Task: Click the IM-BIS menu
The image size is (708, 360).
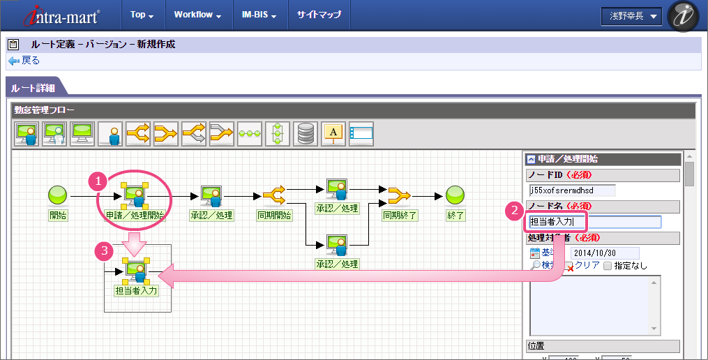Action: point(259,15)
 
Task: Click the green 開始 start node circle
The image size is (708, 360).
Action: point(57,195)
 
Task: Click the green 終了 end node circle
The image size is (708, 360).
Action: point(455,195)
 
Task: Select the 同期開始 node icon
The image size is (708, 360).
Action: point(274,195)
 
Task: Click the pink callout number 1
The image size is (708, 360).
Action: point(99,181)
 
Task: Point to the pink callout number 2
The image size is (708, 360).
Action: point(514,209)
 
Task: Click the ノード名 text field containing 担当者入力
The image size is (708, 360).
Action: point(593,222)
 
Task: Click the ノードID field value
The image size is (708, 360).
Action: point(572,190)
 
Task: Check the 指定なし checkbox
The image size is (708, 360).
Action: point(608,266)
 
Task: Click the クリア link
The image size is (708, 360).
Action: point(586,265)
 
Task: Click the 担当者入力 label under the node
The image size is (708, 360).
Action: point(136,290)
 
